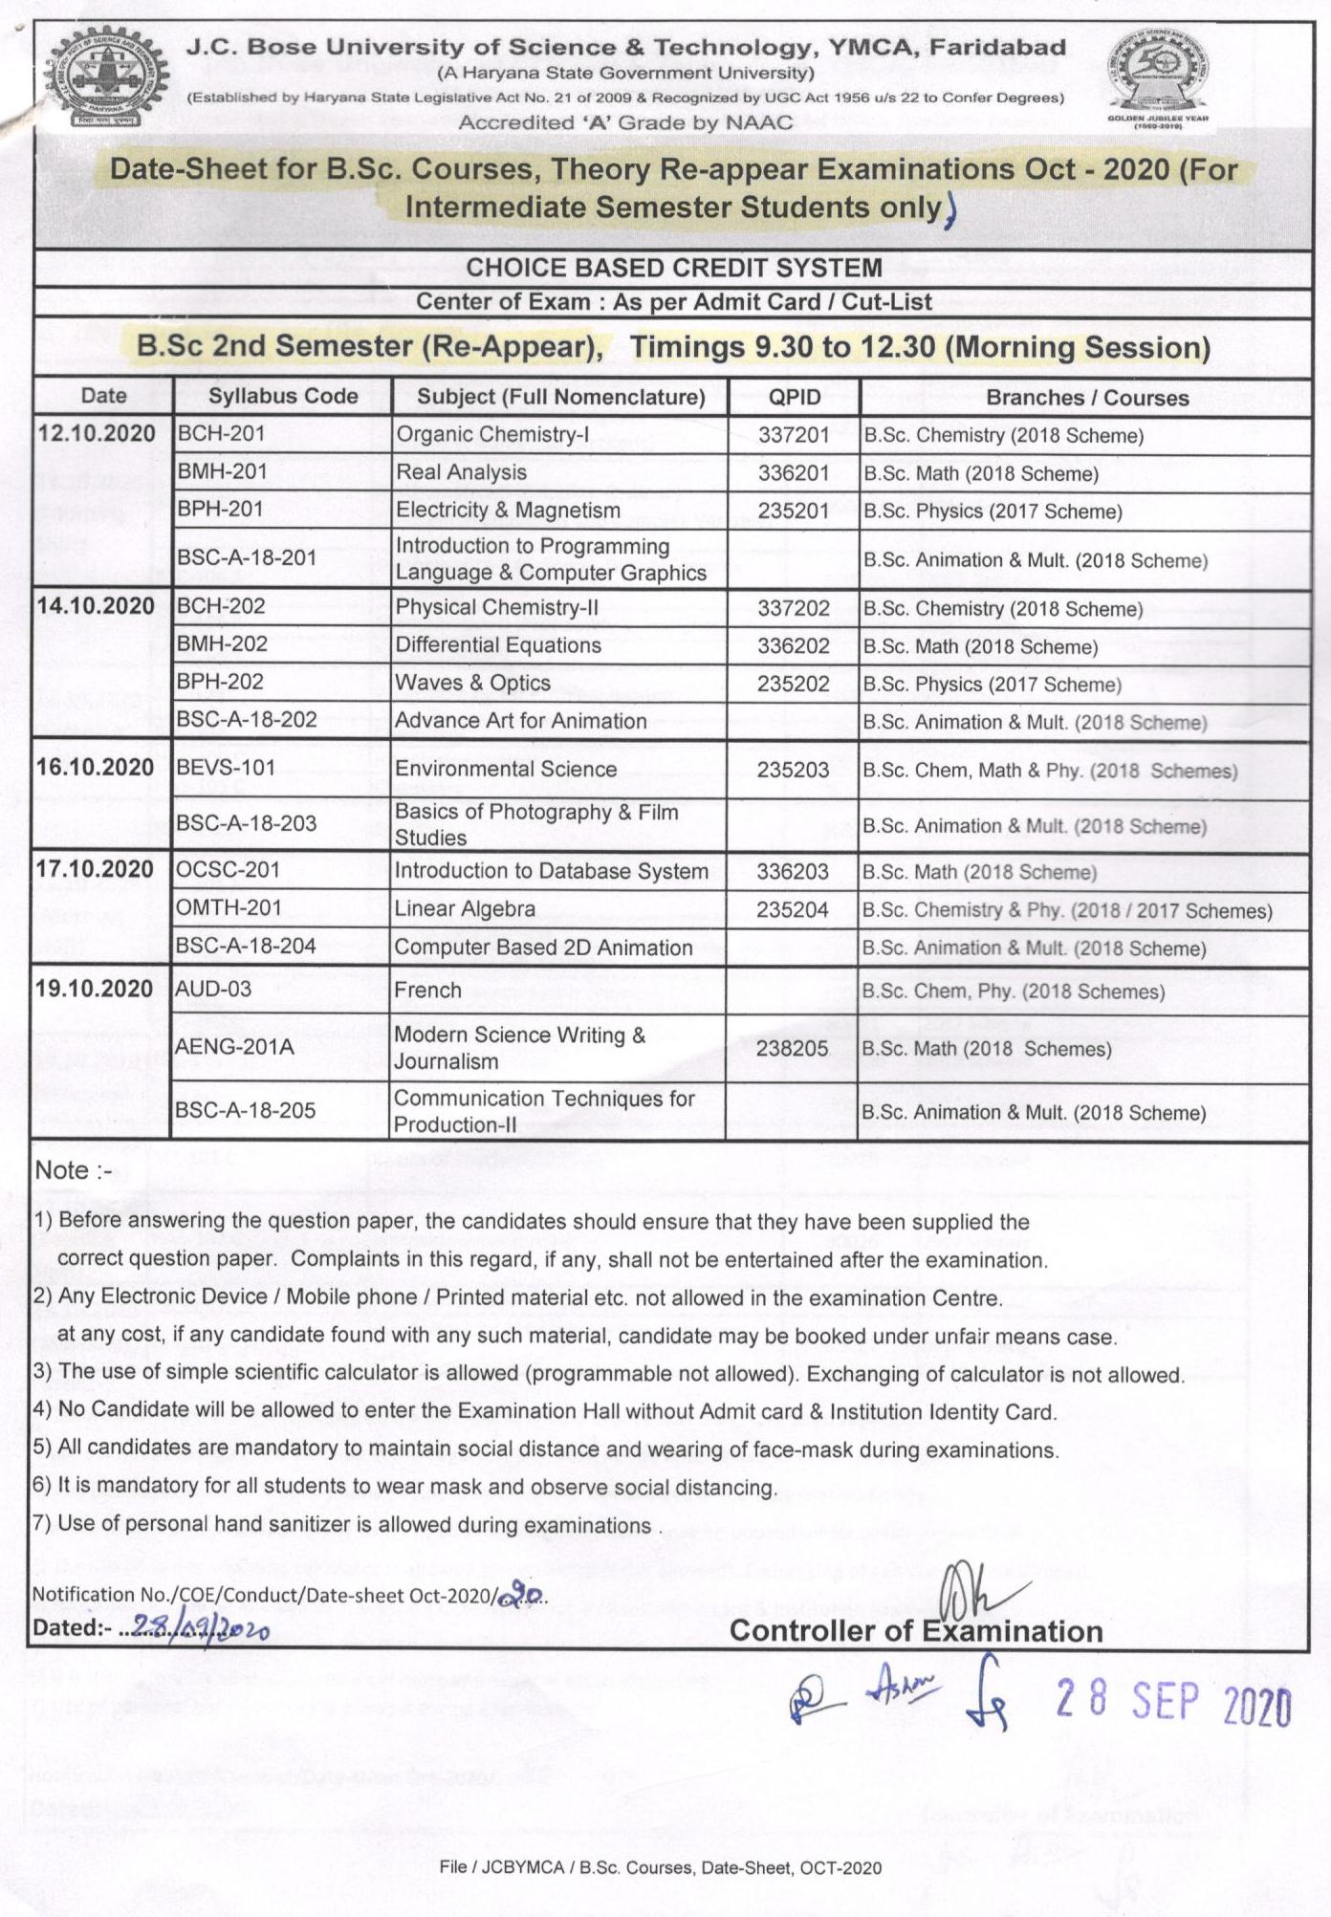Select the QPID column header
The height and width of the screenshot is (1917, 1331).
coord(795,397)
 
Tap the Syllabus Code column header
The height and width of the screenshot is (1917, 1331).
coord(283,396)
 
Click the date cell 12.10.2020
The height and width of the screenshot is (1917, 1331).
coord(96,433)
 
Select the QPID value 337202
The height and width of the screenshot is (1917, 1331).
coord(794,608)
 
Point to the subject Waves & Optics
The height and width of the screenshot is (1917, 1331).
coord(473,683)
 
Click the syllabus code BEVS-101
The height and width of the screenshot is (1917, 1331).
coord(226,768)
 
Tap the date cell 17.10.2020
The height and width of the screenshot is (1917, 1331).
coord(95,869)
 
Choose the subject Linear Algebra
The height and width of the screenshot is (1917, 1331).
coord(465,909)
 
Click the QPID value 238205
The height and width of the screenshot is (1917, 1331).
coord(792,1049)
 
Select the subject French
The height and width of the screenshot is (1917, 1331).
coord(427,991)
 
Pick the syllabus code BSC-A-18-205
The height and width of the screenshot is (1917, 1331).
coord(246,1110)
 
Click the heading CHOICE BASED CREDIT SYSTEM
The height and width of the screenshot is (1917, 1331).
coord(673,268)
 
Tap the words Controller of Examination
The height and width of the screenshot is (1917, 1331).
coord(916,1631)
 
